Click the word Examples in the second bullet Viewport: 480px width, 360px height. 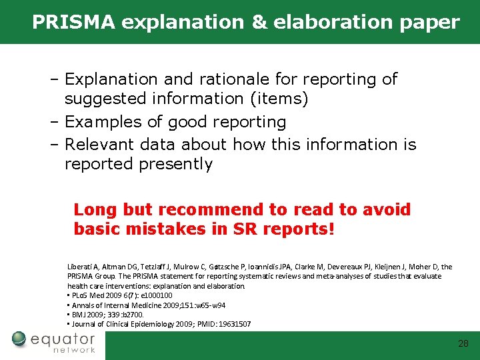click(103, 122)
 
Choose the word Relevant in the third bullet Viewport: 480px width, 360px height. click(99, 144)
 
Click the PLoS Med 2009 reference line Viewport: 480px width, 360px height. click(120, 295)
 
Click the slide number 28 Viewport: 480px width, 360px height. click(463, 344)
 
